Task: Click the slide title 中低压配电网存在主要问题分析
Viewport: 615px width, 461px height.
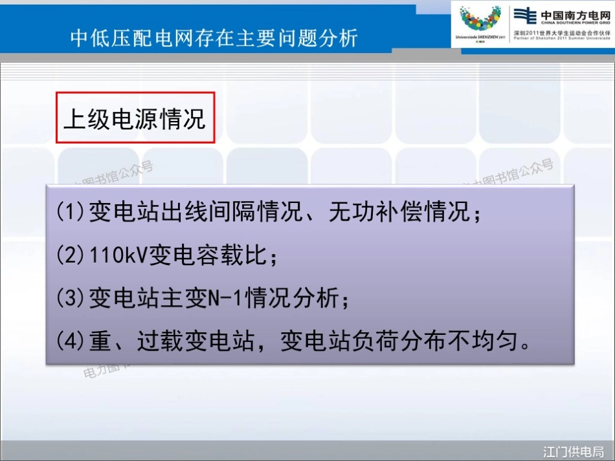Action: [214, 38]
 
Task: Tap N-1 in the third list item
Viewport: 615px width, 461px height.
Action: [223, 299]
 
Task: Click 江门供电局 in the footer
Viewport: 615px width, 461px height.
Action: [574, 451]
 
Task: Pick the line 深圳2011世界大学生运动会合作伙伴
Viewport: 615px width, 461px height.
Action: [562, 32]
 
